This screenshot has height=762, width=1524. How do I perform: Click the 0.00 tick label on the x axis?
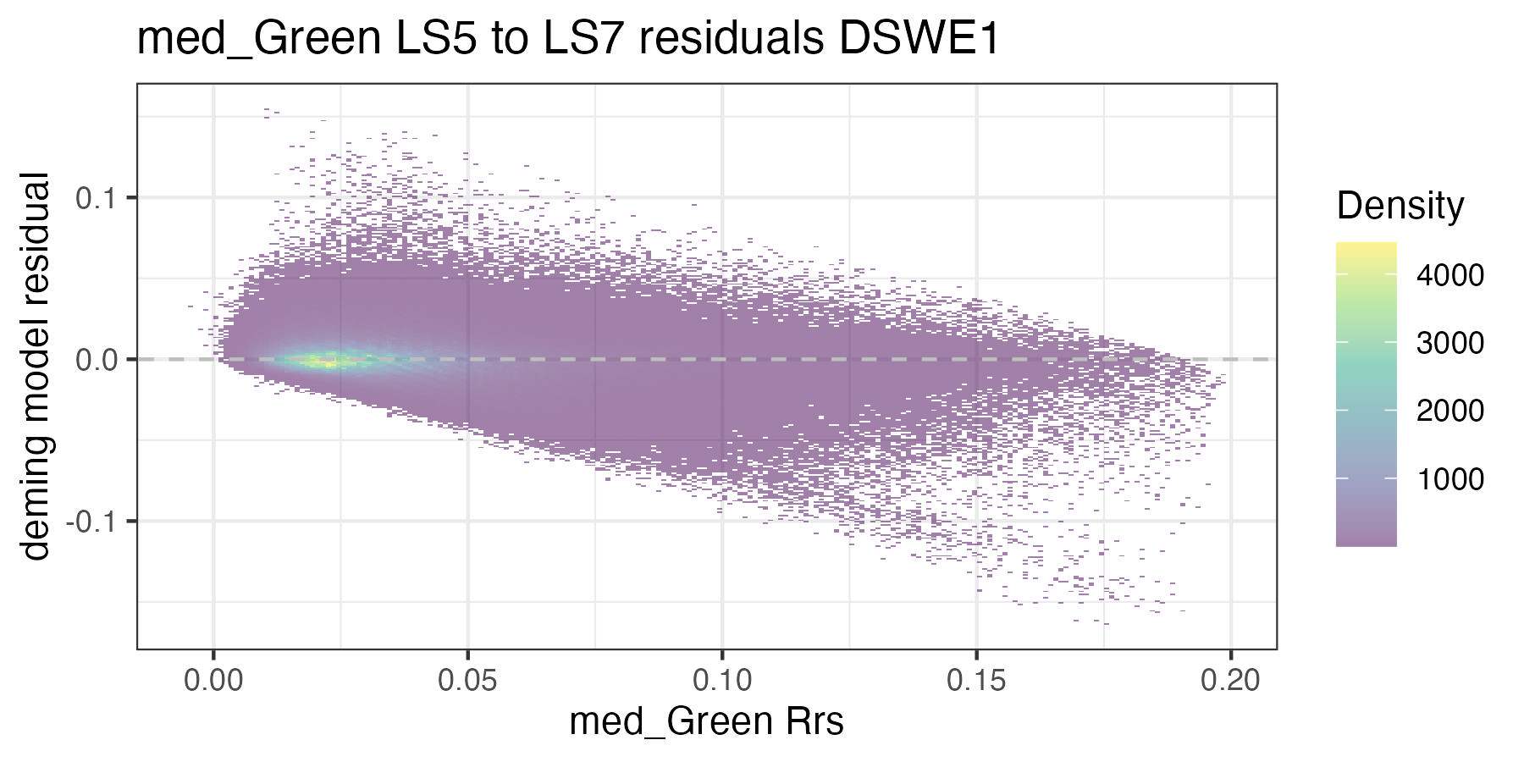point(213,680)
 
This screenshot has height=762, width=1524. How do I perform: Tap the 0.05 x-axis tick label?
point(467,680)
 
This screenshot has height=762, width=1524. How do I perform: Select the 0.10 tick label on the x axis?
point(721,680)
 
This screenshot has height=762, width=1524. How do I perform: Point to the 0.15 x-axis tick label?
point(976,680)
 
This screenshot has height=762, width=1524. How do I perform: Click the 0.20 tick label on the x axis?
point(1230,680)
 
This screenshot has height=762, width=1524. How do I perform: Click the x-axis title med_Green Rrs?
point(706,722)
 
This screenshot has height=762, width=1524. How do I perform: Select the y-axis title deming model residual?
point(36,366)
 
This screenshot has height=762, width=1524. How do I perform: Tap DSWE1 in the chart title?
point(919,40)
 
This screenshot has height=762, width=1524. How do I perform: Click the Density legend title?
point(1400,206)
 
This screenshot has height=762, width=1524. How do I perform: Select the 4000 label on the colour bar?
point(1449,275)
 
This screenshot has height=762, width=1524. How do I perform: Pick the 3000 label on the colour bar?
point(1449,343)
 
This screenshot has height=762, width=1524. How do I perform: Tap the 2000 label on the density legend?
point(1449,411)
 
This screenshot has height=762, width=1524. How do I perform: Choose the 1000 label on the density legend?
point(1449,479)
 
